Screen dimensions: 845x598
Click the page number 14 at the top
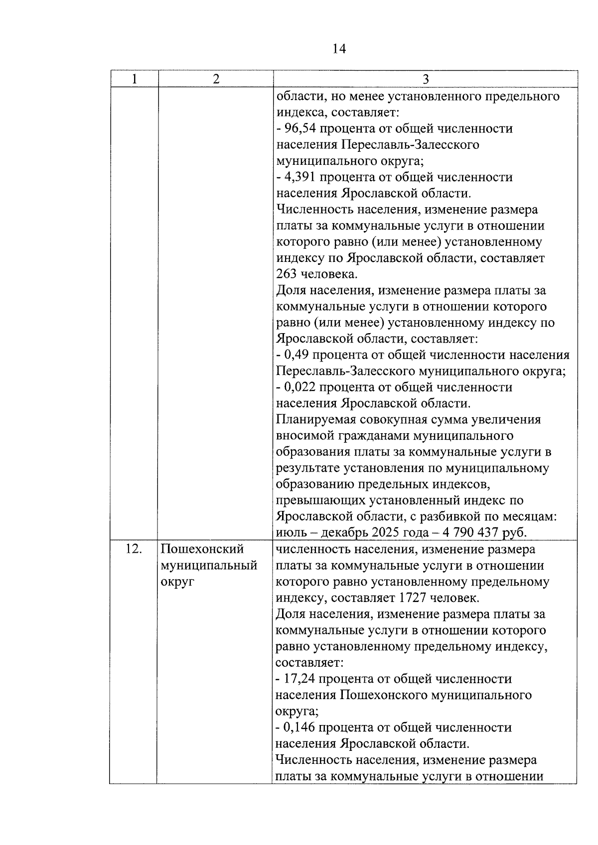point(338,49)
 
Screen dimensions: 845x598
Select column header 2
point(216,79)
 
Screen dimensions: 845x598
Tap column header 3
point(426,80)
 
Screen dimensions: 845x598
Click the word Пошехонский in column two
point(202,549)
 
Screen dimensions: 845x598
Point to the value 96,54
point(299,129)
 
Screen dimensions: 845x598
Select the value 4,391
point(299,177)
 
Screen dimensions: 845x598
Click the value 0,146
point(299,728)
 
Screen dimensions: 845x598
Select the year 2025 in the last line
point(385,533)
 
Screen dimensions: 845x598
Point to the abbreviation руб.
point(515,533)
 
